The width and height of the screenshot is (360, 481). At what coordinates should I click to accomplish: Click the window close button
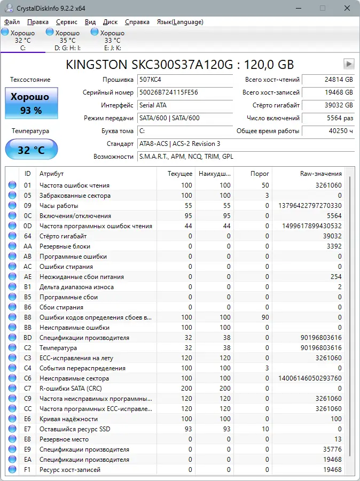click(347, 8)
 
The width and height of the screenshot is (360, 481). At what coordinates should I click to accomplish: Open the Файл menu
click(12, 22)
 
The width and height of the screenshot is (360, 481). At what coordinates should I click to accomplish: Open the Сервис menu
click(66, 22)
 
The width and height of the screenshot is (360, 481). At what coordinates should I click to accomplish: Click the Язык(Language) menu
click(179, 22)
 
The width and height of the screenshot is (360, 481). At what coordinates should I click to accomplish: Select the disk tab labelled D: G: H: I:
click(67, 40)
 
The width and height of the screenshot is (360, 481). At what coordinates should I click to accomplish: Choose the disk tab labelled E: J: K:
click(112, 40)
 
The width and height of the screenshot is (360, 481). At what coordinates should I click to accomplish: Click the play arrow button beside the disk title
click(349, 64)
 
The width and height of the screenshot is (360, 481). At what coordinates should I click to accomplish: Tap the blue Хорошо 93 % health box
click(32, 103)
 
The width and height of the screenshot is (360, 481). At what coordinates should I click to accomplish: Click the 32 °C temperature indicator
click(32, 150)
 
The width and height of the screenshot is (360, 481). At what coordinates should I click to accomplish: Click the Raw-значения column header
click(320, 174)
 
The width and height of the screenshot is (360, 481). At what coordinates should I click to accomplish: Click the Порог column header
click(260, 174)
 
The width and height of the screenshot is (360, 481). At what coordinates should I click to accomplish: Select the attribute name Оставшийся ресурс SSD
click(75, 429)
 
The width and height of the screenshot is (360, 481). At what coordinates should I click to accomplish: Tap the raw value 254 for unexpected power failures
click(335, 277)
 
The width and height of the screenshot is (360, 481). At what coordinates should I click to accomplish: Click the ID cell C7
click(28, 389)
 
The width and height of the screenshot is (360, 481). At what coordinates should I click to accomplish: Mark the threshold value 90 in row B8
click(265, 317)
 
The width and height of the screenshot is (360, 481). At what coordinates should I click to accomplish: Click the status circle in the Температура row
click(12, 348)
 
